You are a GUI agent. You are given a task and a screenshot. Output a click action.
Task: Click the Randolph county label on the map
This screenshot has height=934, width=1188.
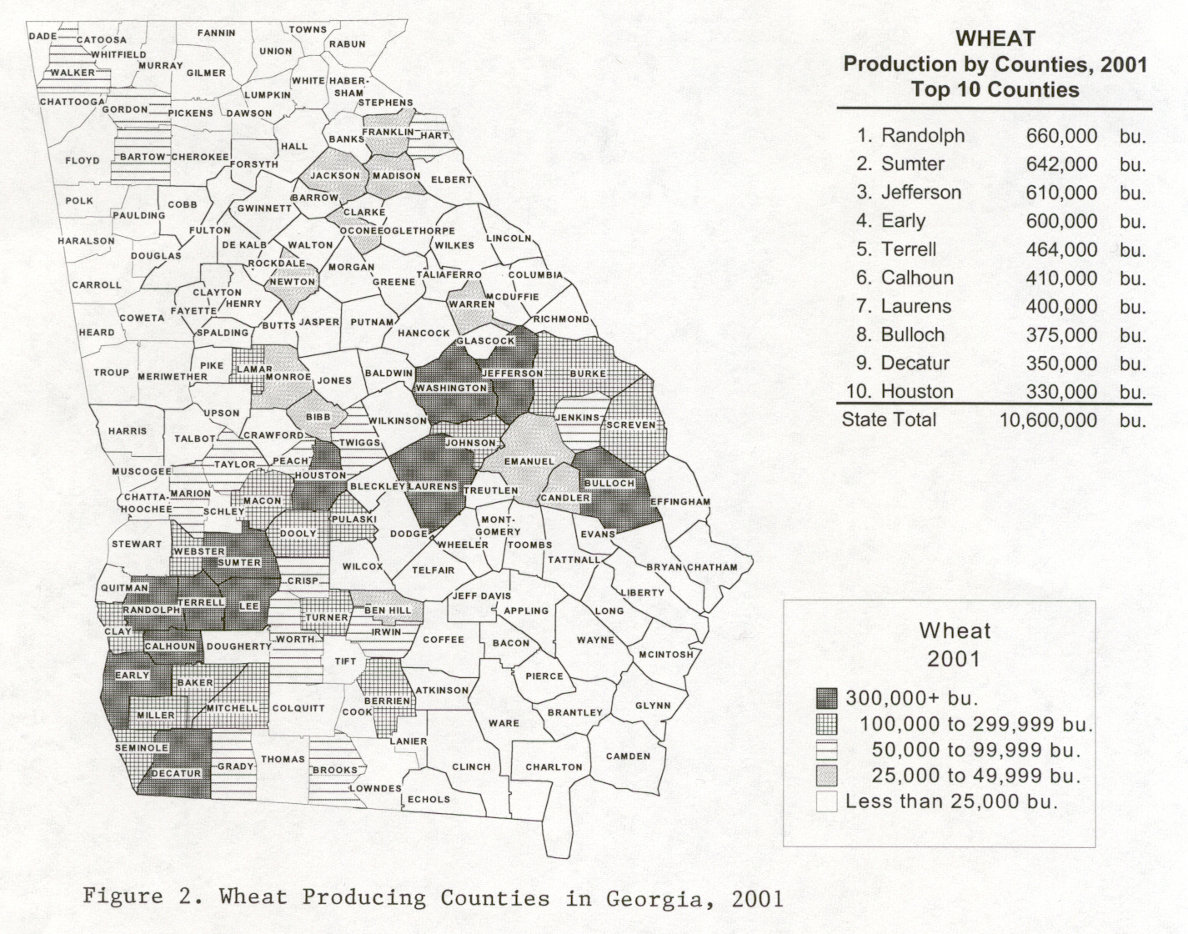point(151,610)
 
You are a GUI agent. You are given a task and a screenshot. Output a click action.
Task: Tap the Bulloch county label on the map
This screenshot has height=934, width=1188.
point(609,484)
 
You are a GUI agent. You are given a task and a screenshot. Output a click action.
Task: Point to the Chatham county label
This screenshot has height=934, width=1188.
point(712,567)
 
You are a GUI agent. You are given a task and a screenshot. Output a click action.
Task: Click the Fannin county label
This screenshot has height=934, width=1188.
point(216,33)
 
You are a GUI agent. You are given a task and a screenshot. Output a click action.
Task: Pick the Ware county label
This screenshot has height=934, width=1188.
point(504,723)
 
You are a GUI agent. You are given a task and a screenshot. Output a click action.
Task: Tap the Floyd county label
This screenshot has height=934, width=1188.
point(83,160)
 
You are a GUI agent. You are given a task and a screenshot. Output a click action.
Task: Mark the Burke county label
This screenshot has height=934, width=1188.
point(588,374)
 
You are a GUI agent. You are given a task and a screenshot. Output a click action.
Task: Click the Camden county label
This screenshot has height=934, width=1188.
point(627,756)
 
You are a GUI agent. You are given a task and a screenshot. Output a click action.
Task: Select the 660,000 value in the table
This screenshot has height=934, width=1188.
point(1061,136)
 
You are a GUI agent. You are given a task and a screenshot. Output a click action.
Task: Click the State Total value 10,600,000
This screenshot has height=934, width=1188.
point(1048,419)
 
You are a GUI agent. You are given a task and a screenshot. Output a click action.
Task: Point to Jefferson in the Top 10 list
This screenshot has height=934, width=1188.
point(921,193)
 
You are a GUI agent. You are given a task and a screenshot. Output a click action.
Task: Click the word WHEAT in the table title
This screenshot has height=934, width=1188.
point(995,38)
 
